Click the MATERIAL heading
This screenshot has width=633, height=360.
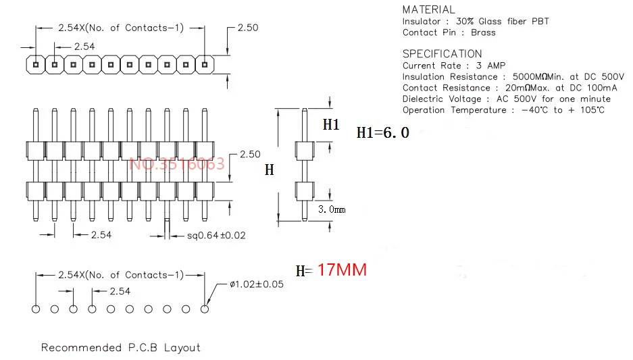point(428,9)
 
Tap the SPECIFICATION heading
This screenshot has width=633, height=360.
point(442,53)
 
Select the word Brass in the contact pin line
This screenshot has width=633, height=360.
point(483,32)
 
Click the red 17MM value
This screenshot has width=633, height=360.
point(342,269)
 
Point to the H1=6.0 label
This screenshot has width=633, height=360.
point(383,132)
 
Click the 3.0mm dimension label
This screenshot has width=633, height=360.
point(332,209)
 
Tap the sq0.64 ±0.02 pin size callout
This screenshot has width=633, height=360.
point(216,235)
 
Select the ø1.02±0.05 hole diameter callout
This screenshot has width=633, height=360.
point(257,284)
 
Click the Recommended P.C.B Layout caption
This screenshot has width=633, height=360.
point(121,347)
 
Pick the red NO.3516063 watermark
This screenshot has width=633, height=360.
point(176,164)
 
